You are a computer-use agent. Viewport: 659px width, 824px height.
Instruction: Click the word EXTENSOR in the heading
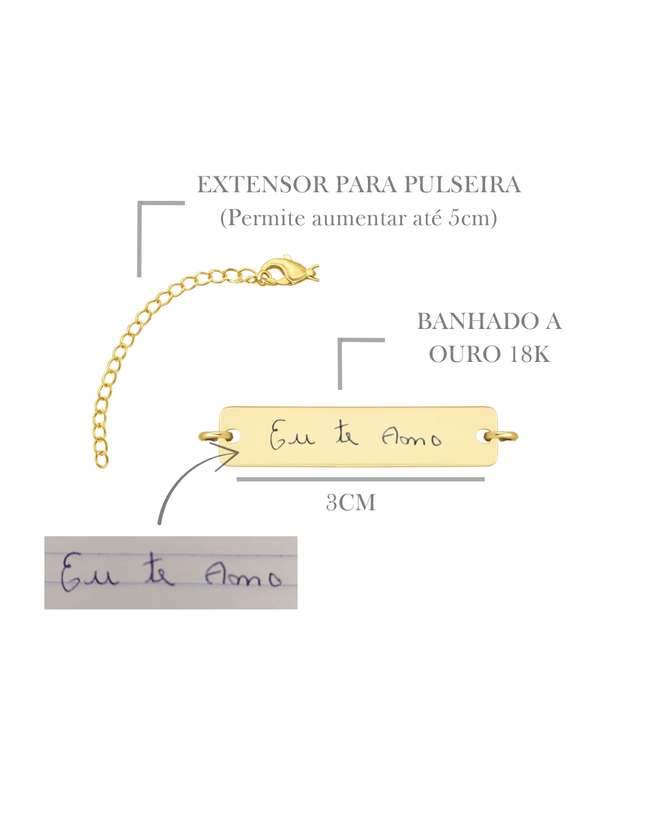(263, 184)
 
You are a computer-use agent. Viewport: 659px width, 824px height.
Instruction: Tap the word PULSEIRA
(462, 184)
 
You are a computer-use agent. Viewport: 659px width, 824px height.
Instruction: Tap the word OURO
(465, 354)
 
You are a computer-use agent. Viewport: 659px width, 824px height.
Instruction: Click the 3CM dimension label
(351, 502)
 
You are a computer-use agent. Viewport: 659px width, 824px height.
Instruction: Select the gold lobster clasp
(286, 271)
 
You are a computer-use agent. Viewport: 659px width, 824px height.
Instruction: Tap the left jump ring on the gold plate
(216, 436)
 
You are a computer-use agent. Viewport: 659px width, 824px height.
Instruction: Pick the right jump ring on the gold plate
(500, 436)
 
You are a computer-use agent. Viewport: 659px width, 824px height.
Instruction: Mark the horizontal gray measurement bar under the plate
(361, 479)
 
